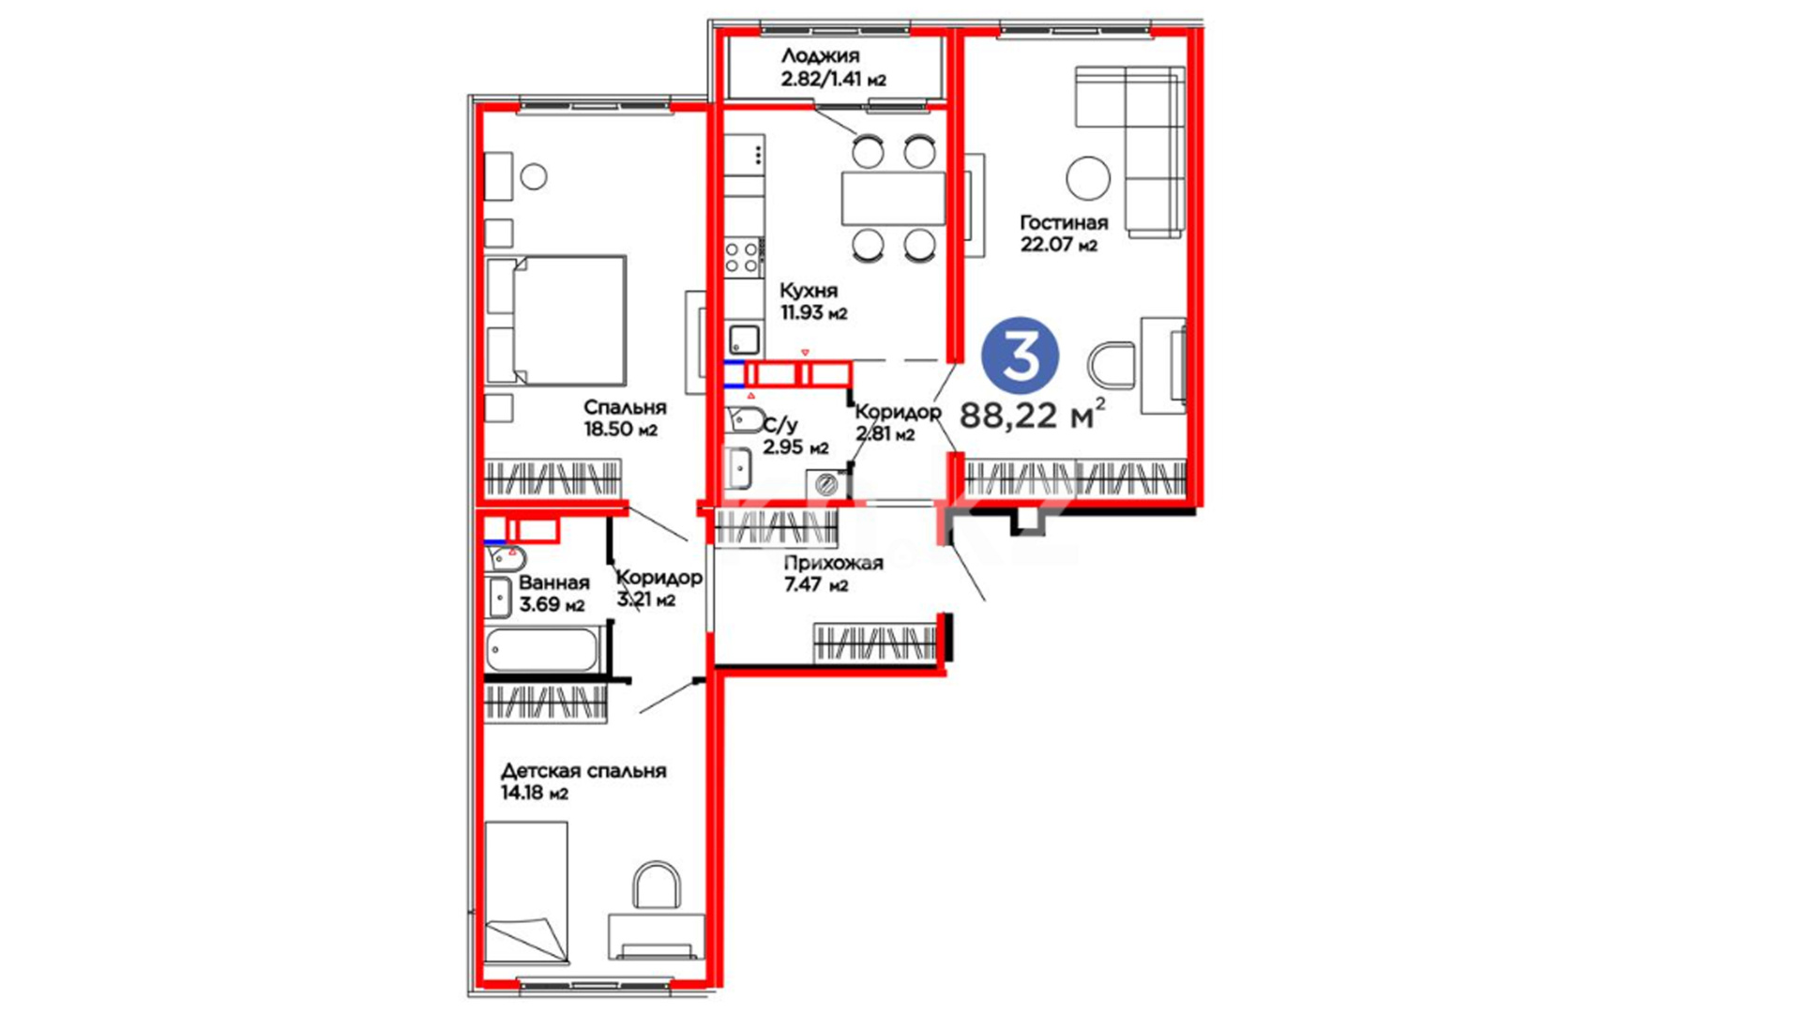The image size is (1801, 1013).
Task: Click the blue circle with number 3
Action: click(x=1020, y=355)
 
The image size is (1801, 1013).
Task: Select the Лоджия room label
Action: click(x=820, y=56)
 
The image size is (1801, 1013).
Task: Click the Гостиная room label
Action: click(x=1064, y=223)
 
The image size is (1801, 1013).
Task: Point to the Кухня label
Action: click(x=809, y=291)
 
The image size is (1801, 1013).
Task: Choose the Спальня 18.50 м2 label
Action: click(x=624, y=418)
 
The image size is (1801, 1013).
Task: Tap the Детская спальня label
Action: click(x=583, y=771)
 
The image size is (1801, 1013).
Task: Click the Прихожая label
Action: click(x=833, y=563)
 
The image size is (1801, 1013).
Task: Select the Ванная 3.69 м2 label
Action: click(x=553, y=594)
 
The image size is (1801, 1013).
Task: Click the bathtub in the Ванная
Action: click(x=543, y=650)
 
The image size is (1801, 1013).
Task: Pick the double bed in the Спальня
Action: click(x=556, y=320)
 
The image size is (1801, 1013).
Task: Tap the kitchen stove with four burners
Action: click(x=742, y=257)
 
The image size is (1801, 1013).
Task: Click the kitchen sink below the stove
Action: click(x=744, y=338)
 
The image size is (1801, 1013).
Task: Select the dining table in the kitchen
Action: click(x=893, y=198)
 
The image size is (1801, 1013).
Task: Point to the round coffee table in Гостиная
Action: click(x=1088, y=177)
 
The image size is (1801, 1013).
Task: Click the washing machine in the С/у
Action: click(x=826, y=484)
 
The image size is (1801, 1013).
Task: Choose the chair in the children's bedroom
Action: click(x=657, y=885)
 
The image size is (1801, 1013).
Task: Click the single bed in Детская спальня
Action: click(x=526, y=893)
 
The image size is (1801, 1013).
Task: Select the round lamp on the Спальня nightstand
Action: click(x=534, y=176)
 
